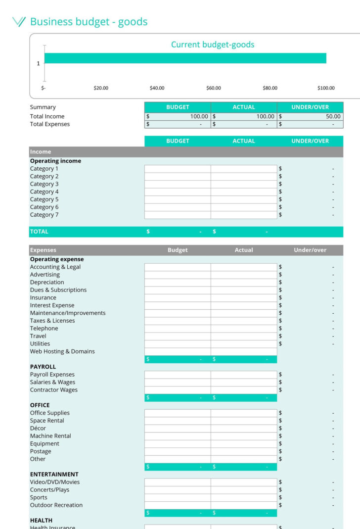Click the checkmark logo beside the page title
18,21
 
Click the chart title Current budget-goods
213,45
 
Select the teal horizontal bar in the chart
185,58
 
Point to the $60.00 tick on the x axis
213,88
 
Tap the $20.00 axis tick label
101,88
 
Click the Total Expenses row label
50,124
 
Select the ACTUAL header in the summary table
244,107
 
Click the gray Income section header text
41,152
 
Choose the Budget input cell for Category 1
178,169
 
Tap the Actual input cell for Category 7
244,215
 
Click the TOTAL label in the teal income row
39,232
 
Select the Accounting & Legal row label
55,267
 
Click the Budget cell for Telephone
178,329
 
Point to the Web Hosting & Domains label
62,351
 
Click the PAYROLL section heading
43,367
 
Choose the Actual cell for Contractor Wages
244,390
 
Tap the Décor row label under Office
38,428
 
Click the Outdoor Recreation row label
56,505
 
